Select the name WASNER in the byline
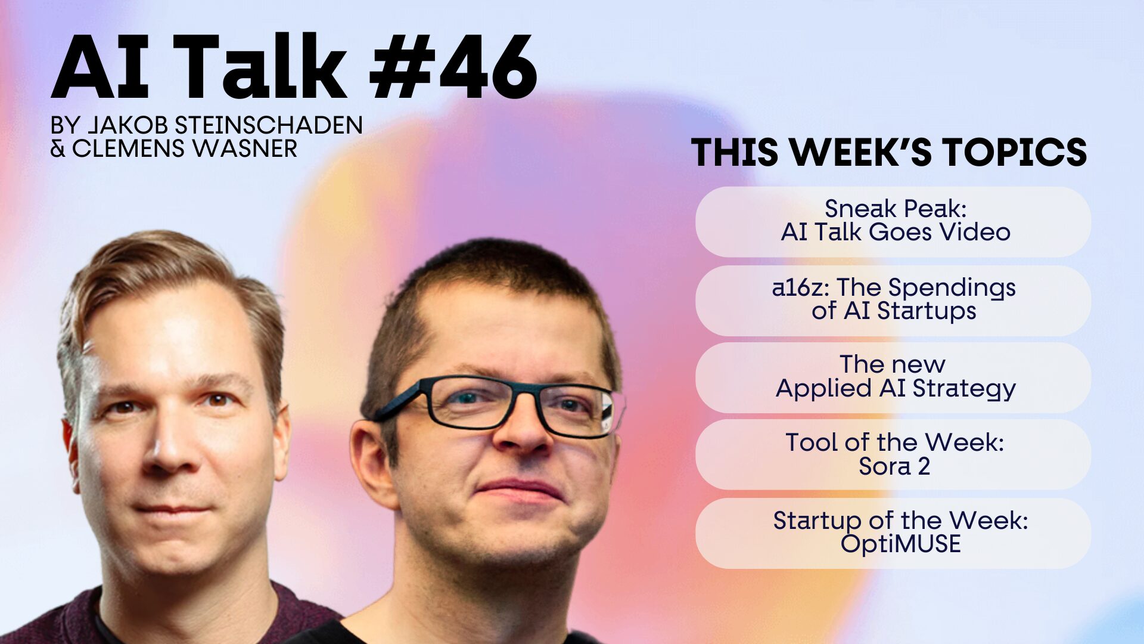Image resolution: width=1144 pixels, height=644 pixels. (x=244, y=148)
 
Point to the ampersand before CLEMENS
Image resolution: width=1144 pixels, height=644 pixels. (x=58, y=148)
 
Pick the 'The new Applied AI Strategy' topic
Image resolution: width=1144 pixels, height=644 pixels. (x=893, y=377)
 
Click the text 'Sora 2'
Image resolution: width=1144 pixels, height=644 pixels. (x=894, y=466)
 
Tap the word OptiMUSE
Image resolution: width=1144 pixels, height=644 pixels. (x=900, y=544)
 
